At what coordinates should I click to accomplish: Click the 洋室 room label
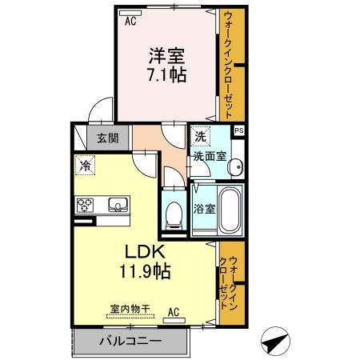(x=166, y=56)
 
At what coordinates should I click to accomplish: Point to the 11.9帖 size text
(x=145, y=270)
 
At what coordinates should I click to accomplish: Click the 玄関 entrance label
(x=108, y=138)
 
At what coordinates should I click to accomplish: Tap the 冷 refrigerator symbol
(x=84, y=166)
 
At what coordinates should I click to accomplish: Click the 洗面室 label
(x=209, y=156)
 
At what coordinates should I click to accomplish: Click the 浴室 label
(x=203, y=210)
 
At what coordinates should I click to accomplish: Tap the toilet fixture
(x=173, y=211)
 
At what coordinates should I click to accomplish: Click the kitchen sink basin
(x=118, y=205)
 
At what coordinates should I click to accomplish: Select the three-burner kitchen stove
(x=85, y=205)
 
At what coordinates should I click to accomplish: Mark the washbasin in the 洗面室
(x=234, y=167)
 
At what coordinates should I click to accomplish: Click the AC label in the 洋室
(x=130, y=22)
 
